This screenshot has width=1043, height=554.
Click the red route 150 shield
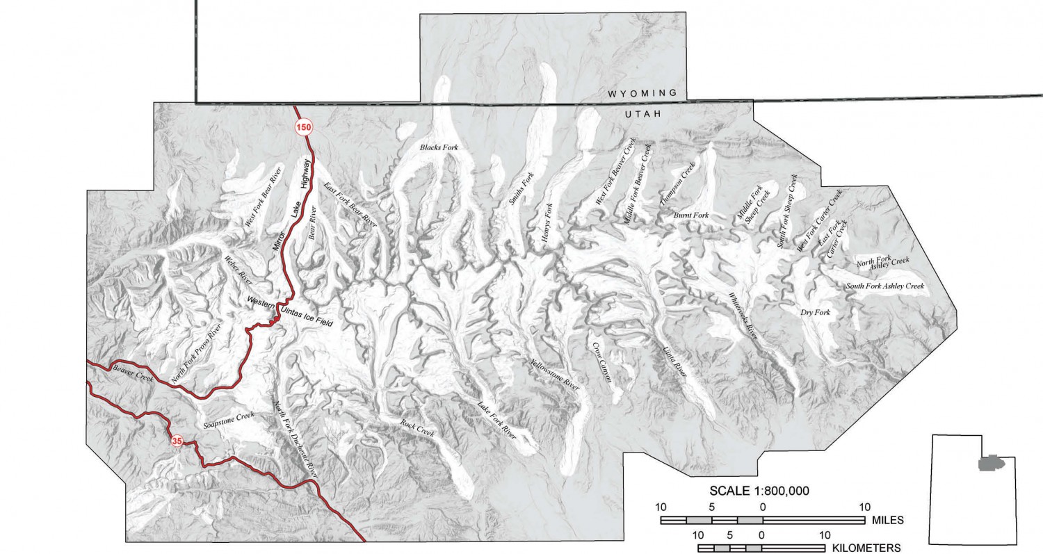tap(303, 127)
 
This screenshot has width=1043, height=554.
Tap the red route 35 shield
tap(177, 441)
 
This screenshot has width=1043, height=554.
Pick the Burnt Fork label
tap(691, 216)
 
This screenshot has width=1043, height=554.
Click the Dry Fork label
tap(816, 313)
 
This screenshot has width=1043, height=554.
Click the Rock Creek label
tap(417, 427)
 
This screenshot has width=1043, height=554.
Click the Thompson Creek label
tap(677, 184)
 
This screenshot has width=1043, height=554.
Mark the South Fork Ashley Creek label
tap(884, 286)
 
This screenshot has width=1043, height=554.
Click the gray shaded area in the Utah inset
tap(991, 462)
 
